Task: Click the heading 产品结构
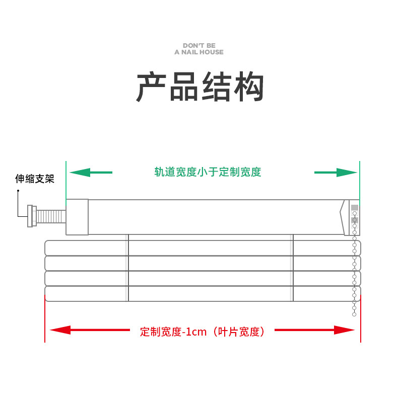click(200, 88)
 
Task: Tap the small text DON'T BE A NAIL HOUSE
click(199, 49)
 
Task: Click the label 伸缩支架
click(34, 179)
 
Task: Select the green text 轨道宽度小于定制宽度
click(208, 172)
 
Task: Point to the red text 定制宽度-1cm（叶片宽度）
click(202, 332)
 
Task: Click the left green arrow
click(91, 173)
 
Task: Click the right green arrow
click(335, 173)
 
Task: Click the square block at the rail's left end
click(77, 217)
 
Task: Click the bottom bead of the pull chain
click(354, 314)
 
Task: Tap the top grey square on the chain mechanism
click(355, 208)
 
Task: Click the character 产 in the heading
click(151, 88)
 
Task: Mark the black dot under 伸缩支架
click(18, 191)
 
